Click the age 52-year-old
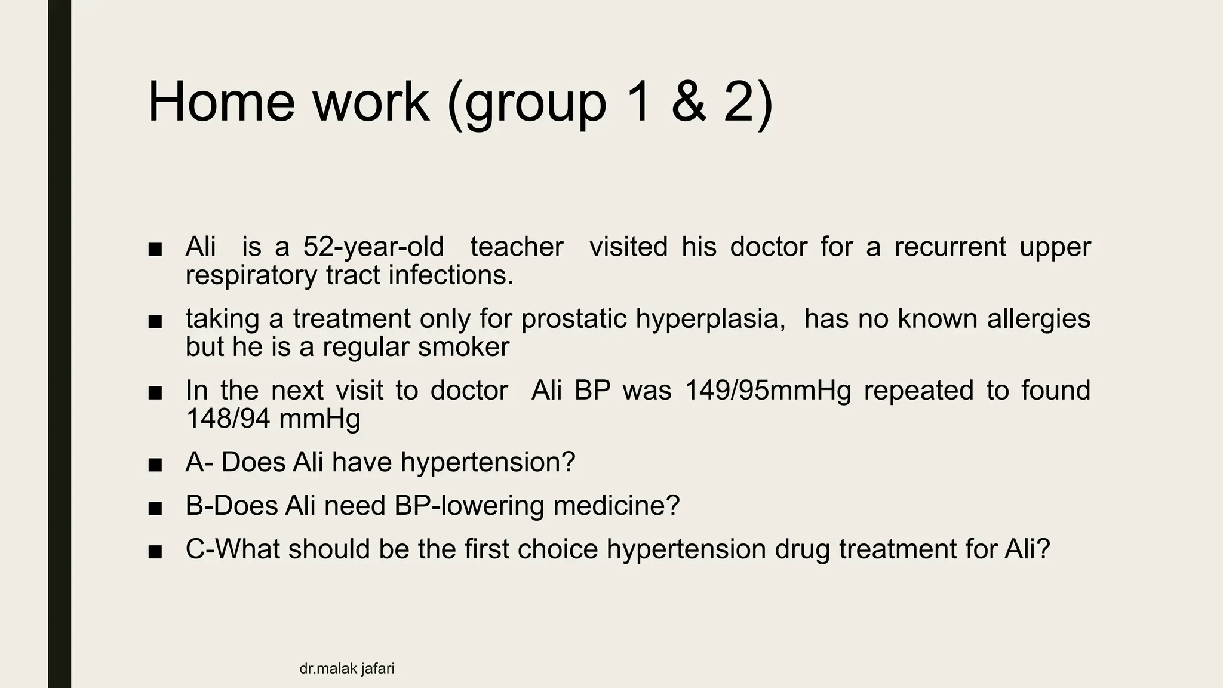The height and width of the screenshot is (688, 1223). pos(373,247)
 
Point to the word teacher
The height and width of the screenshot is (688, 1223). pos(517,247)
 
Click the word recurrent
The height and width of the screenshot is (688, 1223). pos(950,247)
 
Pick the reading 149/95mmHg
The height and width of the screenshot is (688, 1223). pos(767,391)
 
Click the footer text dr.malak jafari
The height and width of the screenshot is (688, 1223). pos(346,669)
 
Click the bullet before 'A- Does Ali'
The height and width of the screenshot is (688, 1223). pos(155,465)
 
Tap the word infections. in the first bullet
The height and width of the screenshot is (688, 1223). pos(451,275)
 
